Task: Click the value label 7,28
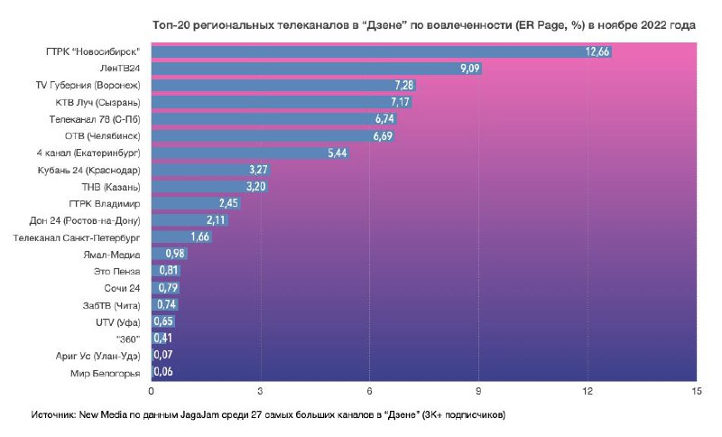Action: pyautogui.click(x=403, y=86)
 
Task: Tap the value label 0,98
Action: pyautogui.click(x=175, y=255)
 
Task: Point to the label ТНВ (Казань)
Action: pyautogui.click(x=112, y=187)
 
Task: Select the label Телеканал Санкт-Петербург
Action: pyautogui.click(x=78, y=237)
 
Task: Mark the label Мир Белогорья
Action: pyautogui.click(x=105, y=372)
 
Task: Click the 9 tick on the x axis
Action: pyautogui.click(x=478, y=392)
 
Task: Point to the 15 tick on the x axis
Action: pyautogui.click(x=695, y=392)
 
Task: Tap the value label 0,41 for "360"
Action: pyautogui.click(x=163, y=339)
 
